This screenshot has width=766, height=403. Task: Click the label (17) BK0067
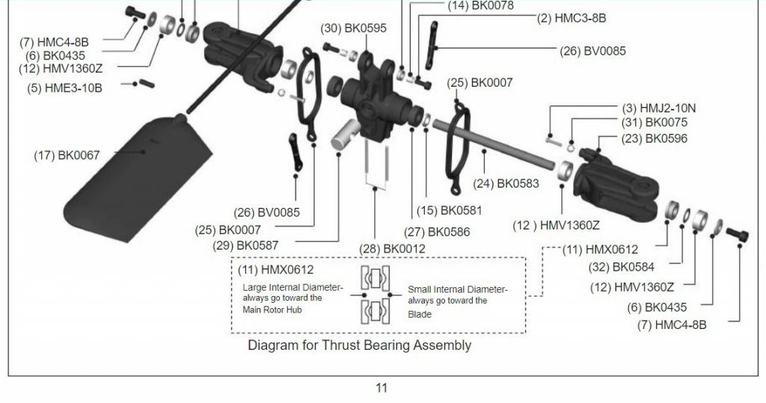pyautogui.click(x=67, y=156)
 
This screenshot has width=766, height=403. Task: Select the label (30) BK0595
pyautogui.click(x=353, y=28)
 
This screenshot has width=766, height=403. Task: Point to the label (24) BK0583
pyautogui.click(x=506, y=184)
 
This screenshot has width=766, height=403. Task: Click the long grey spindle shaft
pyautogui.click(x=494, y=144)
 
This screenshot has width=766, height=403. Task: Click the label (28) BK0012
pyautogui.click(x=392, y=249)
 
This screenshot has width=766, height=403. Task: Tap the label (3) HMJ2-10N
pyautogui.click(x=659, y=108)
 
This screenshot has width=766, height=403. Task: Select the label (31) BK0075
pyautogui.click(x=655, y=123)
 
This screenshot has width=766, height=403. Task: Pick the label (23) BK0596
pyautogui.click(x=655, y=139)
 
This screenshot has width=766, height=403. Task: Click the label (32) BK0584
pyautogui.click(x=621, y=267)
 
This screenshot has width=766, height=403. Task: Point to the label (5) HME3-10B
pyautogui.click(x=65, y=88)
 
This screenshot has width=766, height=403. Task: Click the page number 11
pyautogui.click(x=382, y=388)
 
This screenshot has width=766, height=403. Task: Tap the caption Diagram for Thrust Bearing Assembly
pyautogui.click(x=360, y=345)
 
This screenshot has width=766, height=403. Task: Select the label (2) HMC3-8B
pyautogui.click(x=572, y=19)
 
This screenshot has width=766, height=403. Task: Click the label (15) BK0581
pyautogui.click(x=450, y=211)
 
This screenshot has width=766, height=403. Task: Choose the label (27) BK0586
pyautogui.click(x=437, y=232)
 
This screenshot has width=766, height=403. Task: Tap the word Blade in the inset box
pyautogui.click(x=420, y=314)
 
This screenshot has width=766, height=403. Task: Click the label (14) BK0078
pyautogui.click(x=481, y=6)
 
